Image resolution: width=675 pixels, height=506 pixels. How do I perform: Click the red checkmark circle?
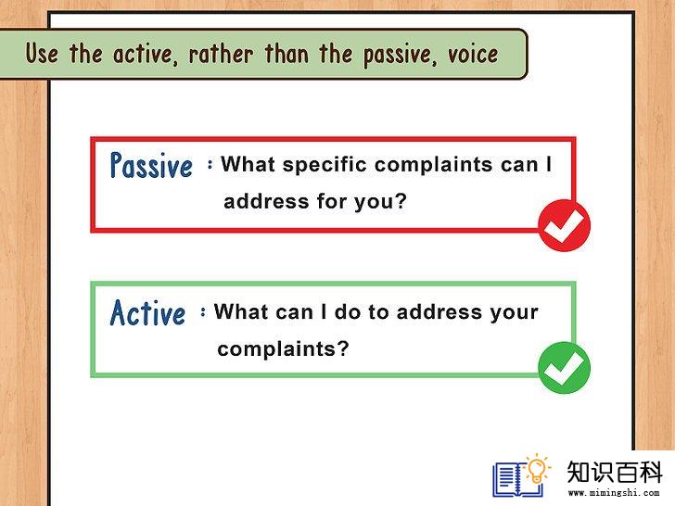565,225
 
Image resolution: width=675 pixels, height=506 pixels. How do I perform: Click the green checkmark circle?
565,367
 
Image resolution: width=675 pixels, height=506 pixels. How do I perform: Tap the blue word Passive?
151,165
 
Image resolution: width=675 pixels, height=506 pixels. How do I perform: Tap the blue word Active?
147,313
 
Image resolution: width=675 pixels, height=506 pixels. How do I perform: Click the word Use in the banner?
42,54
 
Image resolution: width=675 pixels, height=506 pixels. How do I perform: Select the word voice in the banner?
473,55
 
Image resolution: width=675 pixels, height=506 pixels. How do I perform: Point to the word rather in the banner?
221,55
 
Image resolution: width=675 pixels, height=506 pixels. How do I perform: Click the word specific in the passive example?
324,165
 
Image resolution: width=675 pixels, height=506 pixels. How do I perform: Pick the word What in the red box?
248,164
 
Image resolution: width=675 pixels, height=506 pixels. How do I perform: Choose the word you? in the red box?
380,202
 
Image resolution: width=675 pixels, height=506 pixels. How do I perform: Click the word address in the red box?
266,201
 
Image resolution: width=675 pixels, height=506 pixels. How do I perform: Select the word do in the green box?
348,311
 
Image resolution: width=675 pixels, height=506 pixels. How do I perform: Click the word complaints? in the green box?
283,348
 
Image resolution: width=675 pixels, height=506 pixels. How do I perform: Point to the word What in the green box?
241,311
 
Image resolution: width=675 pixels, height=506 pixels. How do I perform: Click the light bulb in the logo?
537,469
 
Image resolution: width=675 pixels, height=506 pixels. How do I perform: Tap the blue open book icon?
517,479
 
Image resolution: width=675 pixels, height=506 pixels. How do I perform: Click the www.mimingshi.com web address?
614,493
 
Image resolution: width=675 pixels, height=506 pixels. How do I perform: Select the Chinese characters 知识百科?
614,472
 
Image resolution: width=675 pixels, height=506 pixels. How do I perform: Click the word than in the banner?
287,54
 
